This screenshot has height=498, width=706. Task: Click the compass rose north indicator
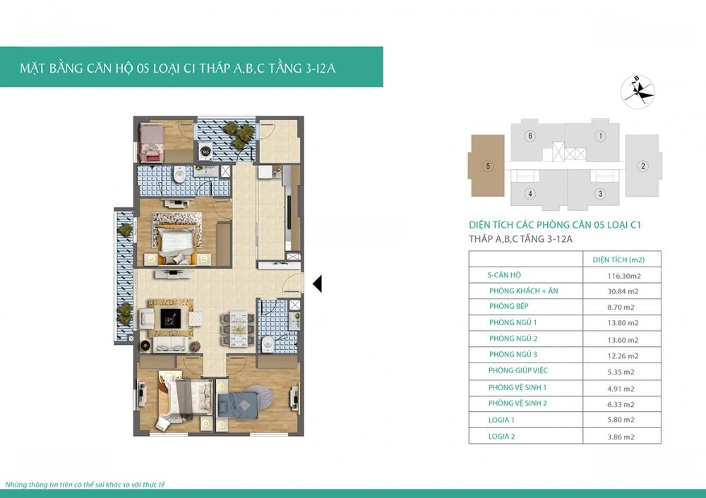tap(637, 91)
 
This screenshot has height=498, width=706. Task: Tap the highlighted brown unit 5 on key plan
tap(486, 166)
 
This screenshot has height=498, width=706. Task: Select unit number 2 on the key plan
tap(643, 166)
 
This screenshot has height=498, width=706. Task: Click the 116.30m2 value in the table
tap(624, 276)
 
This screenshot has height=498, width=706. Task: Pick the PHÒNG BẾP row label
tap(509, 306)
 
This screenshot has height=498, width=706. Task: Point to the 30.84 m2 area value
tap(623, 291)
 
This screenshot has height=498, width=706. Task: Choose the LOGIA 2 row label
tap(501, 436)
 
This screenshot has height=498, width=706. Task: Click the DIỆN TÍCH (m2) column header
tap(618, 260)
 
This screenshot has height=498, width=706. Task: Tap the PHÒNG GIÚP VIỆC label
tap(517, 370)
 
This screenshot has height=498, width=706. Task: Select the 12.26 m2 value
tap(623, 356)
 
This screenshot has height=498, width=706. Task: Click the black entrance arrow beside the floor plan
tap(317, 284)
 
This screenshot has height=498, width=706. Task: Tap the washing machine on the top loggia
tap(205, 151)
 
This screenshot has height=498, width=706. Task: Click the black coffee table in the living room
tap(171, 319)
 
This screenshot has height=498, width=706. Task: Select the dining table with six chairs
tap(237, 329)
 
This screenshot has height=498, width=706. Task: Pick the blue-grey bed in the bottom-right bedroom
tap(237, 406)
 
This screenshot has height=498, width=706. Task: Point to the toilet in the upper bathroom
tap(179, 174)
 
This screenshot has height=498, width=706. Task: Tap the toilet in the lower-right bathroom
tap(268, 344)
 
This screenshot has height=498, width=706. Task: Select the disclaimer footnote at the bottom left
tap(85, 485)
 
